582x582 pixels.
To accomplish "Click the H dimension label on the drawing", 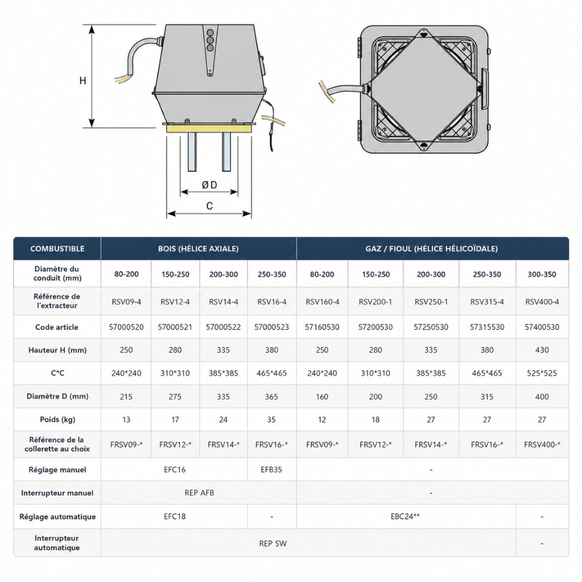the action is click(x=83, y=80).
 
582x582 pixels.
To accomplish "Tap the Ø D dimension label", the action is click(x=210, y=185).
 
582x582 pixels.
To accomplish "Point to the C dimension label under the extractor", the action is click(x=210, y=206).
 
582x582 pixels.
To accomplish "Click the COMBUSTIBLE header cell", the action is click(x=57, y=249).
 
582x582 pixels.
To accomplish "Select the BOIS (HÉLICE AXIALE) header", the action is click(x=198, y=249).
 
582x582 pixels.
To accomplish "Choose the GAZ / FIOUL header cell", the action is click(x=432, y=249).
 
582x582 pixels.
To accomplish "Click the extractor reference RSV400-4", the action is click(x=542, y=301).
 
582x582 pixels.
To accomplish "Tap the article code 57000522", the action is click(x=223, y=327).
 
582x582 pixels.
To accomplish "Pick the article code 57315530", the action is click(x=487, y=327).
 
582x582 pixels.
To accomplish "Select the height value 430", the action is click(x=542, y=350).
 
